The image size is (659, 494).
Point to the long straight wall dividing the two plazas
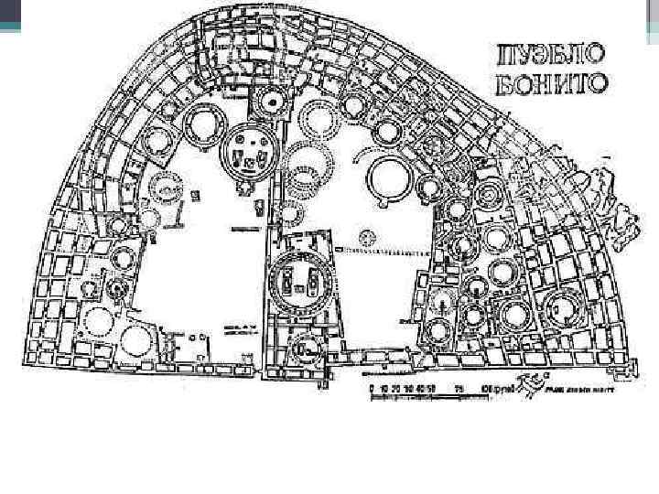point(267,302)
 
